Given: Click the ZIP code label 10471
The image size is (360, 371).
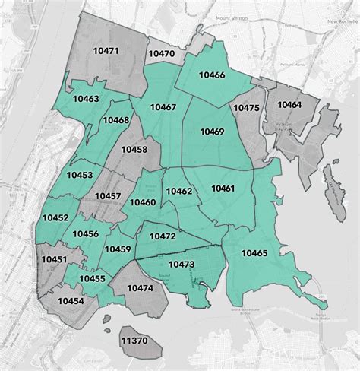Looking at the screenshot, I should click(x=105, y=51).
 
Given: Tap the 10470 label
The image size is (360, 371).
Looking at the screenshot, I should click(x=161, y=54).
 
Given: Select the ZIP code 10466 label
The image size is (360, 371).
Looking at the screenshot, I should click(x=211, y=75).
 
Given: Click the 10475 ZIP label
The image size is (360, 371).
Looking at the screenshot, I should click(x=246, y=108).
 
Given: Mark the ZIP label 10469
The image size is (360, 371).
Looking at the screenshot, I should click(x=212, y=132).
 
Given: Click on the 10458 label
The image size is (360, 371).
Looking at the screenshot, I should click(x=134, y=150).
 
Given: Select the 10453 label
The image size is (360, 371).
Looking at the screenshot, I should click(x=80, y=176).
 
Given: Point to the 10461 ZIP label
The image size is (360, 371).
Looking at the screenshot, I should click(x=223, y=188).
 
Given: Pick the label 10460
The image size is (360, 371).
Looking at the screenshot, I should click(x=142, y=202).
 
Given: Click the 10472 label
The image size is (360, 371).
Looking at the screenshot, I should click(x=163, y=237).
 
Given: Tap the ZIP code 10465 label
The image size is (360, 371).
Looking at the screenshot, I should click(x=254, y=252).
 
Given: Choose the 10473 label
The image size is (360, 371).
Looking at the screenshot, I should click(x=182, y=264).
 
